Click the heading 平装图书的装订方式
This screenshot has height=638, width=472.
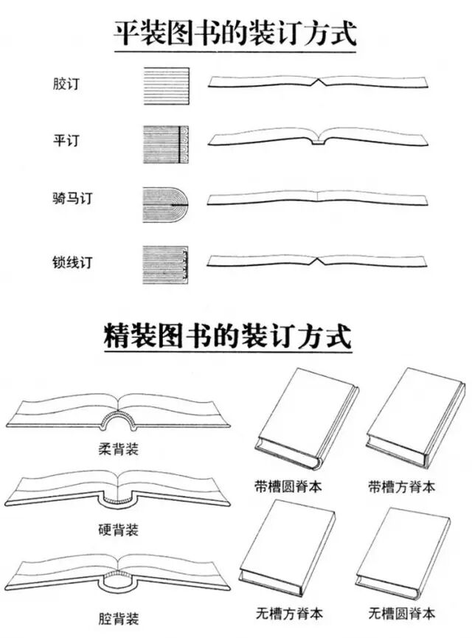point(235,33)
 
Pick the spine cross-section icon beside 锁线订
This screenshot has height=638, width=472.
point(165,261)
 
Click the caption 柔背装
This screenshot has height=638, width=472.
point(118,448)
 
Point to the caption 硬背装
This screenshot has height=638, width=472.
point(118,530)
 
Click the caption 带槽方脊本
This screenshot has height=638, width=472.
point(402,487)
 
